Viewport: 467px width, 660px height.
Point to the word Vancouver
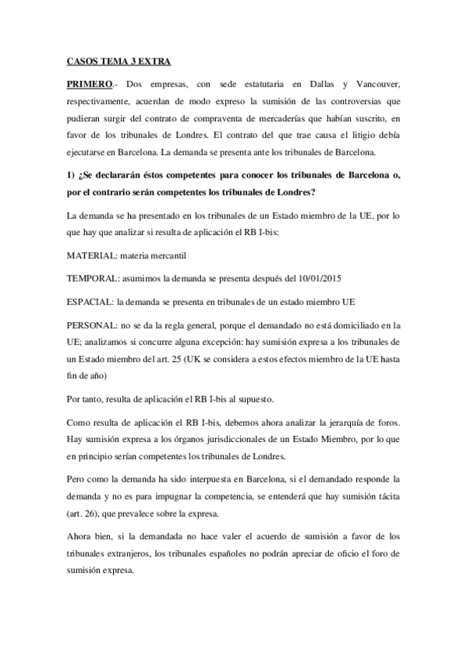(x=377, y=82)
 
